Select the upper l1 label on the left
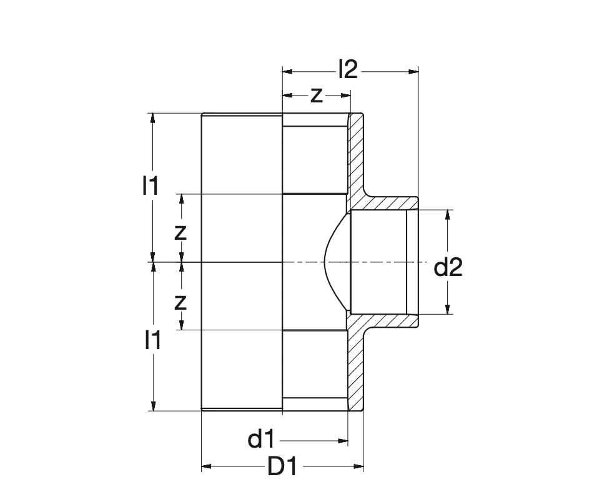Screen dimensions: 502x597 [150, 185]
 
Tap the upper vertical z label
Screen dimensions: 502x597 [180, 232]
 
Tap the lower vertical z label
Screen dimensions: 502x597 [180, 302]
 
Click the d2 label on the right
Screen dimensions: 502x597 [448, 268]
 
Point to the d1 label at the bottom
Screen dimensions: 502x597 [261, 440]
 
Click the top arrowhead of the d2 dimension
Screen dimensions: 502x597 [448, 214]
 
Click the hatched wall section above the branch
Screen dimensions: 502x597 [357, 156]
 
